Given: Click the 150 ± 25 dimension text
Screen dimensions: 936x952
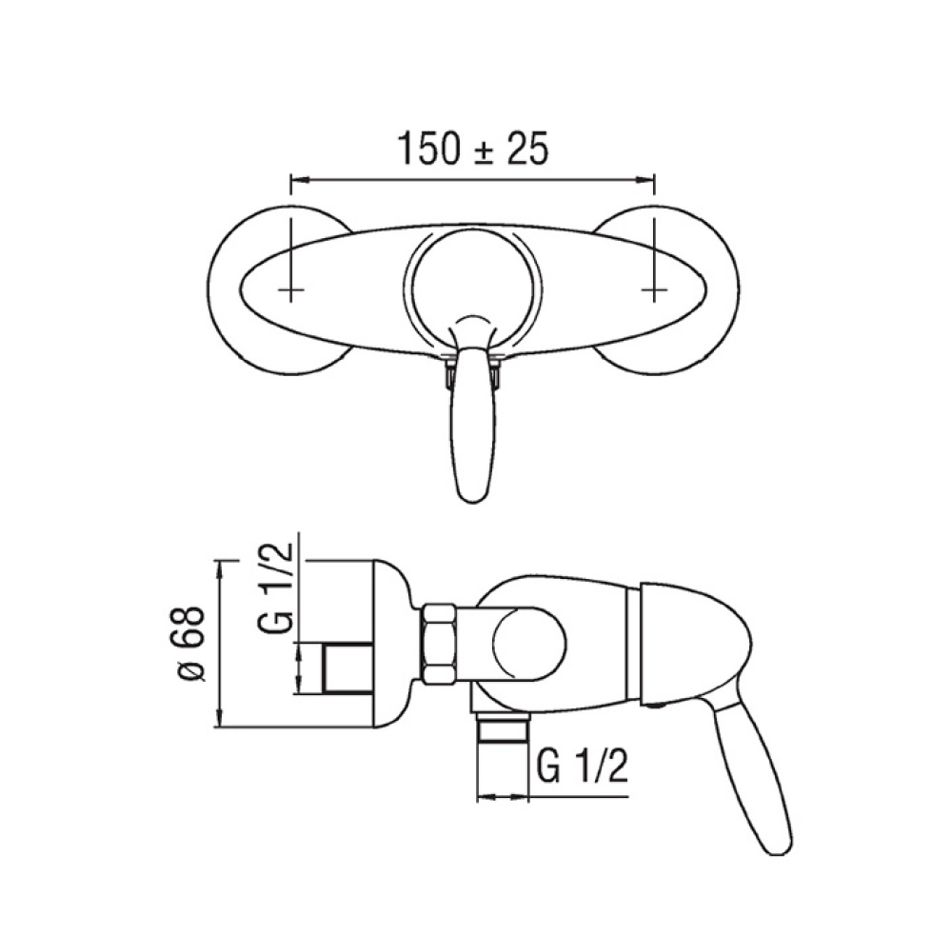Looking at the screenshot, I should (472, 149).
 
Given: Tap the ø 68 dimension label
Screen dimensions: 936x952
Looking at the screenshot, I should (190, 644).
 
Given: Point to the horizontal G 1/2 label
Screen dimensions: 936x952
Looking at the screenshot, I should (582, 765).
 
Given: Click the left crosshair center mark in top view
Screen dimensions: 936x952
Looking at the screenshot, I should (292, 288).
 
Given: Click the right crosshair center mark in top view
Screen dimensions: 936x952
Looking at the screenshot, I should (655, 288).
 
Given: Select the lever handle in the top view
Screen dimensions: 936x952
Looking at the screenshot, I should (473, 428).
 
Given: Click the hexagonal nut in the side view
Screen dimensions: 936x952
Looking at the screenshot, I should (439, 645).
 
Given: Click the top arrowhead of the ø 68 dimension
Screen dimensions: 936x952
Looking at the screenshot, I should (221, 566).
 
